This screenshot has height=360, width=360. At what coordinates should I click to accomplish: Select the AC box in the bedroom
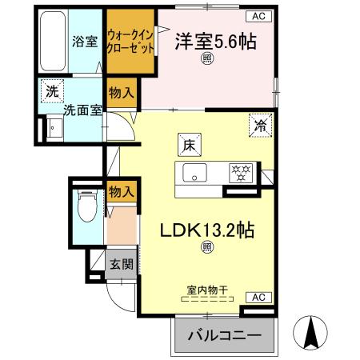coord(258,15)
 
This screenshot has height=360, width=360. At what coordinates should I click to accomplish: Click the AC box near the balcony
coord(258,296)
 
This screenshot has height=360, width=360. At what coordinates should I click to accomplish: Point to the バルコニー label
coord(224,334)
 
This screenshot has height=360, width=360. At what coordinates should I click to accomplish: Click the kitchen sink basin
coord(194,173)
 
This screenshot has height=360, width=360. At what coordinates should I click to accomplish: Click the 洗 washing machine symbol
coord(50,91)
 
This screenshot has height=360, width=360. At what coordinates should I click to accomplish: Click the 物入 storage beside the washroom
coord(120,93)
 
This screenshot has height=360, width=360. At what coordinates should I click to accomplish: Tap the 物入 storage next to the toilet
coord(120,192)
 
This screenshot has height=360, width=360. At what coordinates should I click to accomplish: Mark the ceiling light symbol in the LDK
coord(206,248)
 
